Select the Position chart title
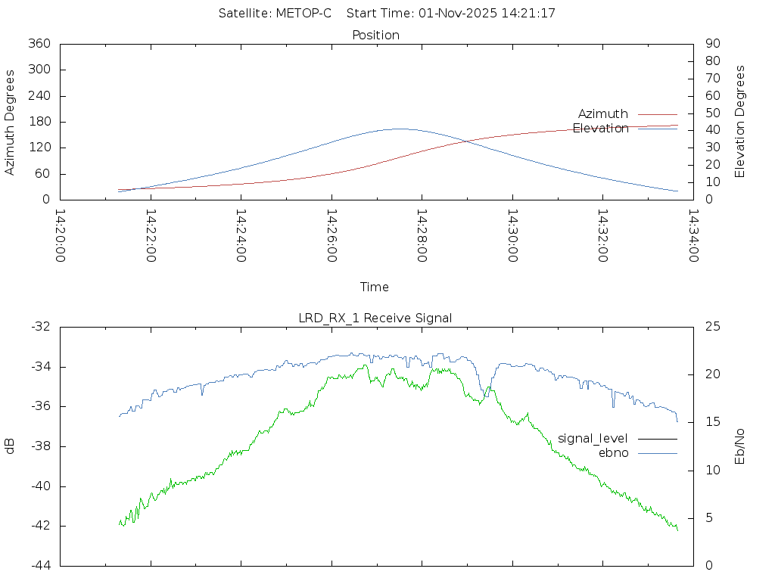tap(376, 35)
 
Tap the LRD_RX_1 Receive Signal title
tap(375, 318)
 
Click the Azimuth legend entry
tap(603, 114)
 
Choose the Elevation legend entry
tap(601, 129)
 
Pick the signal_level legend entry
tap(593, 439)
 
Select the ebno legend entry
tap(613, 452)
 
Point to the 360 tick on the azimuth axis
tap(38, 44)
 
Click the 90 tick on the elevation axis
tap(711, 44)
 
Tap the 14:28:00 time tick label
tap(422, 235)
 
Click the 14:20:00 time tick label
tap(61, 235)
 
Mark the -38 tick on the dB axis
tap(39, 446)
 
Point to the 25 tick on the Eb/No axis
tap(712, 327)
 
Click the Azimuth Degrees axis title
tap(11, 122)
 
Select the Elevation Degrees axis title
tap(740, 122)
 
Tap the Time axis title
tap(375, 287)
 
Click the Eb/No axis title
tap(740, 446)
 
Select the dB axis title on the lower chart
tap(11, 446)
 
